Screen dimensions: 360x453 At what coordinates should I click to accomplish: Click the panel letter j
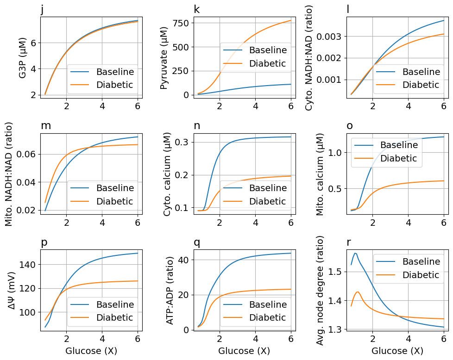(x=42, y=10)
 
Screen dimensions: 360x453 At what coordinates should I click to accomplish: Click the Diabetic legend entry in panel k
(x=267, y=64)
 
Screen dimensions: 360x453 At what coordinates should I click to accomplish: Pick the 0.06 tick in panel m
(x=28, y=154)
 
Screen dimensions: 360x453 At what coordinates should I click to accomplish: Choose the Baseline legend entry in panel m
(x=114, y=188)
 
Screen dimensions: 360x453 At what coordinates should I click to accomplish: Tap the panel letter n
(x=197, y=126)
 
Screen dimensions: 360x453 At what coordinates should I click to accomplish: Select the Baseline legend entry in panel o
(x=398, y=145)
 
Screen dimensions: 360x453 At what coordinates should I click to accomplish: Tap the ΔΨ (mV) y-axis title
(x=10, y=291)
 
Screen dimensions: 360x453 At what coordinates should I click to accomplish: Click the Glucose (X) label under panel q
(x=244, y=351)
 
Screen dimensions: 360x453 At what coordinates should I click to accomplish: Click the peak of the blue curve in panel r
(x=355, y=253)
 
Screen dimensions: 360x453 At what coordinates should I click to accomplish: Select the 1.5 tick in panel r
(x=334, y=272)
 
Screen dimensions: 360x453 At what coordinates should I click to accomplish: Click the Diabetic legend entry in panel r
(x=420, y=275)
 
